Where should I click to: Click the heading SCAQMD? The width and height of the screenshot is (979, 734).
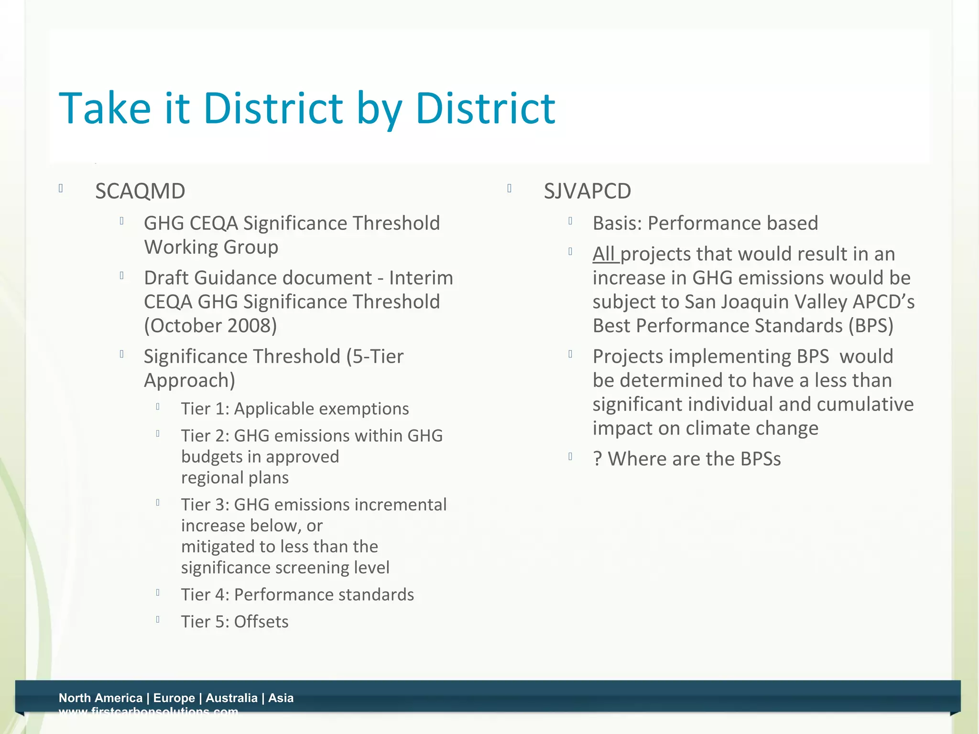tap(140, 192)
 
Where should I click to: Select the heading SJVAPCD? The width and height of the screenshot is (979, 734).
tap(587, 192)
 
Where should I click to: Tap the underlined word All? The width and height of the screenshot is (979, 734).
tap(604, 254)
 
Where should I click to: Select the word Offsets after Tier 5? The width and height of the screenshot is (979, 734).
tap(261, 622)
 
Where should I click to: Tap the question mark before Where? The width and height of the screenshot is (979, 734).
tap(597, 459)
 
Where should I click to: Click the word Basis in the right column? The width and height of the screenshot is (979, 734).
tap(617, 224)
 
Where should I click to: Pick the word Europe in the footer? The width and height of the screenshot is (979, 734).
tap(174, 698)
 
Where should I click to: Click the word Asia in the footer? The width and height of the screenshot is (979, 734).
tap(281, 698)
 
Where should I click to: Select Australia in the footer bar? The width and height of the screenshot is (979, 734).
tap(231, 698)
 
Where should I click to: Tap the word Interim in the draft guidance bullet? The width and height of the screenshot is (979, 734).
tap(421, 278)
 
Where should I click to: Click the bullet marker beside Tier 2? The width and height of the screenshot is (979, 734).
tap(157, 434)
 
